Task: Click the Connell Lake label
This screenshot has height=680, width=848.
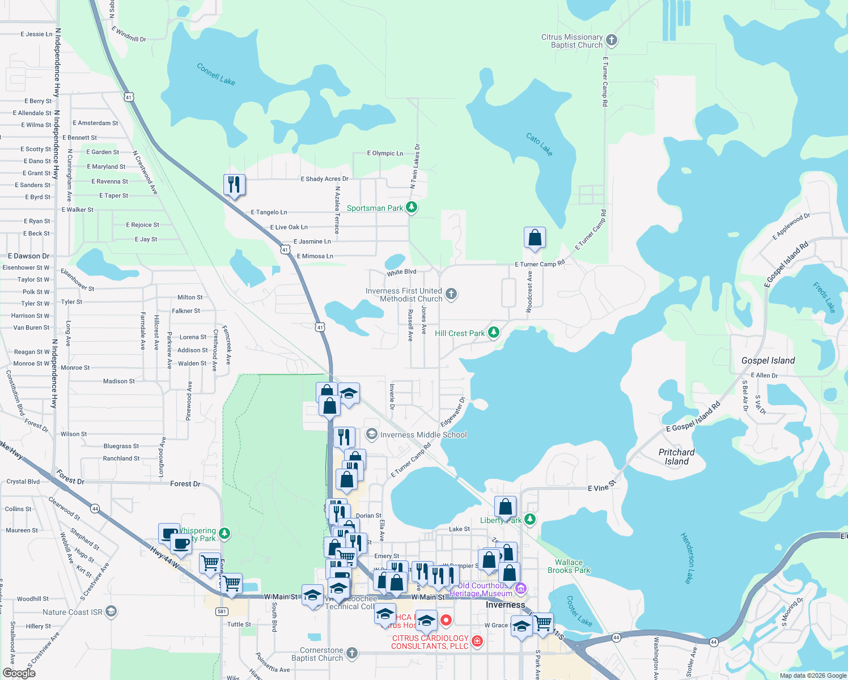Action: pos(216,74)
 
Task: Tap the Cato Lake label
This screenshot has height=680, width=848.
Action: pos(539,144)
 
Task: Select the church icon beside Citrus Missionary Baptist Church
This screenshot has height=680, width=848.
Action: pos(611,40)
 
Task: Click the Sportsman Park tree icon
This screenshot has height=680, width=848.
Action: pos(412,208)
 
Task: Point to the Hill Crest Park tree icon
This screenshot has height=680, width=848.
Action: pos(494,333)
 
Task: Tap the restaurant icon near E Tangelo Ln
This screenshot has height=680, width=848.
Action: pos(234,185)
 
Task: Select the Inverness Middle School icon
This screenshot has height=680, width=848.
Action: pos(372,435)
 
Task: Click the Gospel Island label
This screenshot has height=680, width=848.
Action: pos(768,360)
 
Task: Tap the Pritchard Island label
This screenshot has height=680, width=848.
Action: pos(677,457)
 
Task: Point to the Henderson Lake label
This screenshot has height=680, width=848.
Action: pos(687,558)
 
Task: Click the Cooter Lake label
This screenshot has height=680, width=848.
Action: pos(579,611)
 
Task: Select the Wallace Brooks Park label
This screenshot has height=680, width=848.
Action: pos(569,566)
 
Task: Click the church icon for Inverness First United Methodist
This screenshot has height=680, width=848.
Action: pos(451,294)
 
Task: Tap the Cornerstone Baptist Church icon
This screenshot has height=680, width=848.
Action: pos(352,653)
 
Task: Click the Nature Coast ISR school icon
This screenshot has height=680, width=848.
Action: pos(111,611)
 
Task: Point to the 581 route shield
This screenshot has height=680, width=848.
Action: pos(222,611)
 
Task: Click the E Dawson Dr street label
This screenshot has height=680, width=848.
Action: pos(29,256)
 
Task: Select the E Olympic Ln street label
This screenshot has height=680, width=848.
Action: pos(385,153)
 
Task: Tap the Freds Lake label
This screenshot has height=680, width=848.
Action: pos(824,297)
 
